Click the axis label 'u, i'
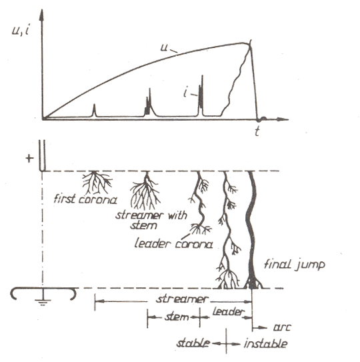coord(21,30)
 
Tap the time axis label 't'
coord(257,131)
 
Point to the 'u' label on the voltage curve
coord(164,48)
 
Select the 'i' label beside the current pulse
coord(185,93)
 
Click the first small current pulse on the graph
coord(94,111)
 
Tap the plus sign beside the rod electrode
coord(29,159)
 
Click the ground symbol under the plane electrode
coord(43,299)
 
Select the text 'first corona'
coord(85,199)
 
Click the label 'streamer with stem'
coord(151,220)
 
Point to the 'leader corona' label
coord(173,244)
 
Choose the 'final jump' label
coord(295,265)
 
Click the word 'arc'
coord(282,327)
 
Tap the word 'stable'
coord(193,343)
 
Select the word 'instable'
coord(266,343)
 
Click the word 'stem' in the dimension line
coord(177,317)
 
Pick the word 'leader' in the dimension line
coord(228,312)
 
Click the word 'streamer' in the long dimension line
coord(182,299)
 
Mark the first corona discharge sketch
coord(97,183)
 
